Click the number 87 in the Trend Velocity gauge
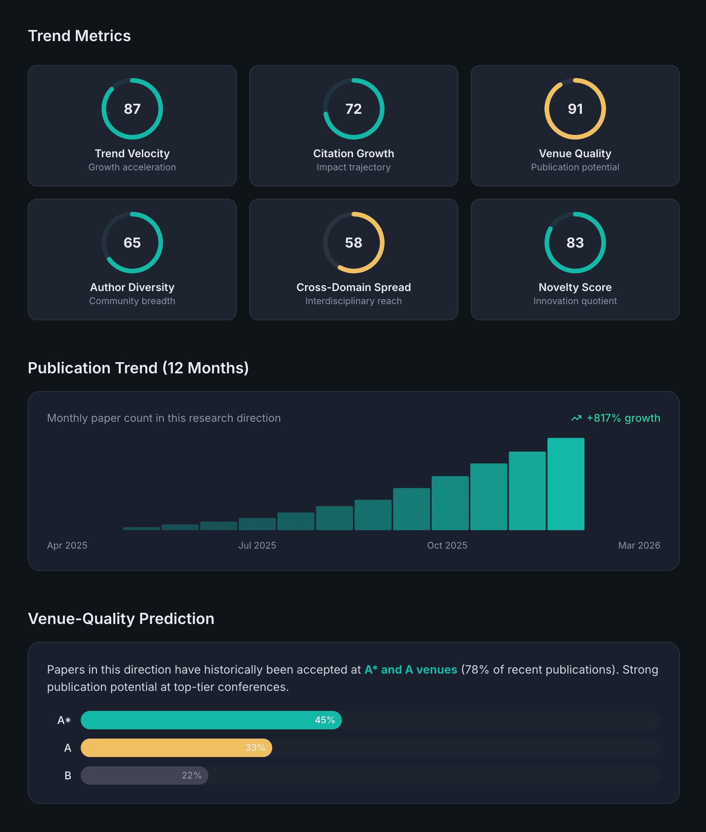coord(132,109)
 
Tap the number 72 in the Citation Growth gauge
coord(353,109)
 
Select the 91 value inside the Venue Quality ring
coord(575,109)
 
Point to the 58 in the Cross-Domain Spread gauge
coord(353,243)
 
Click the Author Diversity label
coord(132,287)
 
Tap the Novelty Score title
coord(575,287)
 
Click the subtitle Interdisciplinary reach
coord(353,301)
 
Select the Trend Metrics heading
coord(79,36)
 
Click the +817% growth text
coord(623,418)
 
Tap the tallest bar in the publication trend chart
coord(566,484)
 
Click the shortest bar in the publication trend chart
coord(141,528)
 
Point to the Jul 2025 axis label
coord(257,546)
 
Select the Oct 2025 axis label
coord(447,546)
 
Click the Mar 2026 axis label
coord(639,546)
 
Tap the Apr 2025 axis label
coord(67,546)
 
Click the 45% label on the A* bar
coord(325,720)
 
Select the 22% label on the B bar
coord(191,775)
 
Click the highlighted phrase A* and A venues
coord(411,669)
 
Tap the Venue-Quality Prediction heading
coord(121,619)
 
